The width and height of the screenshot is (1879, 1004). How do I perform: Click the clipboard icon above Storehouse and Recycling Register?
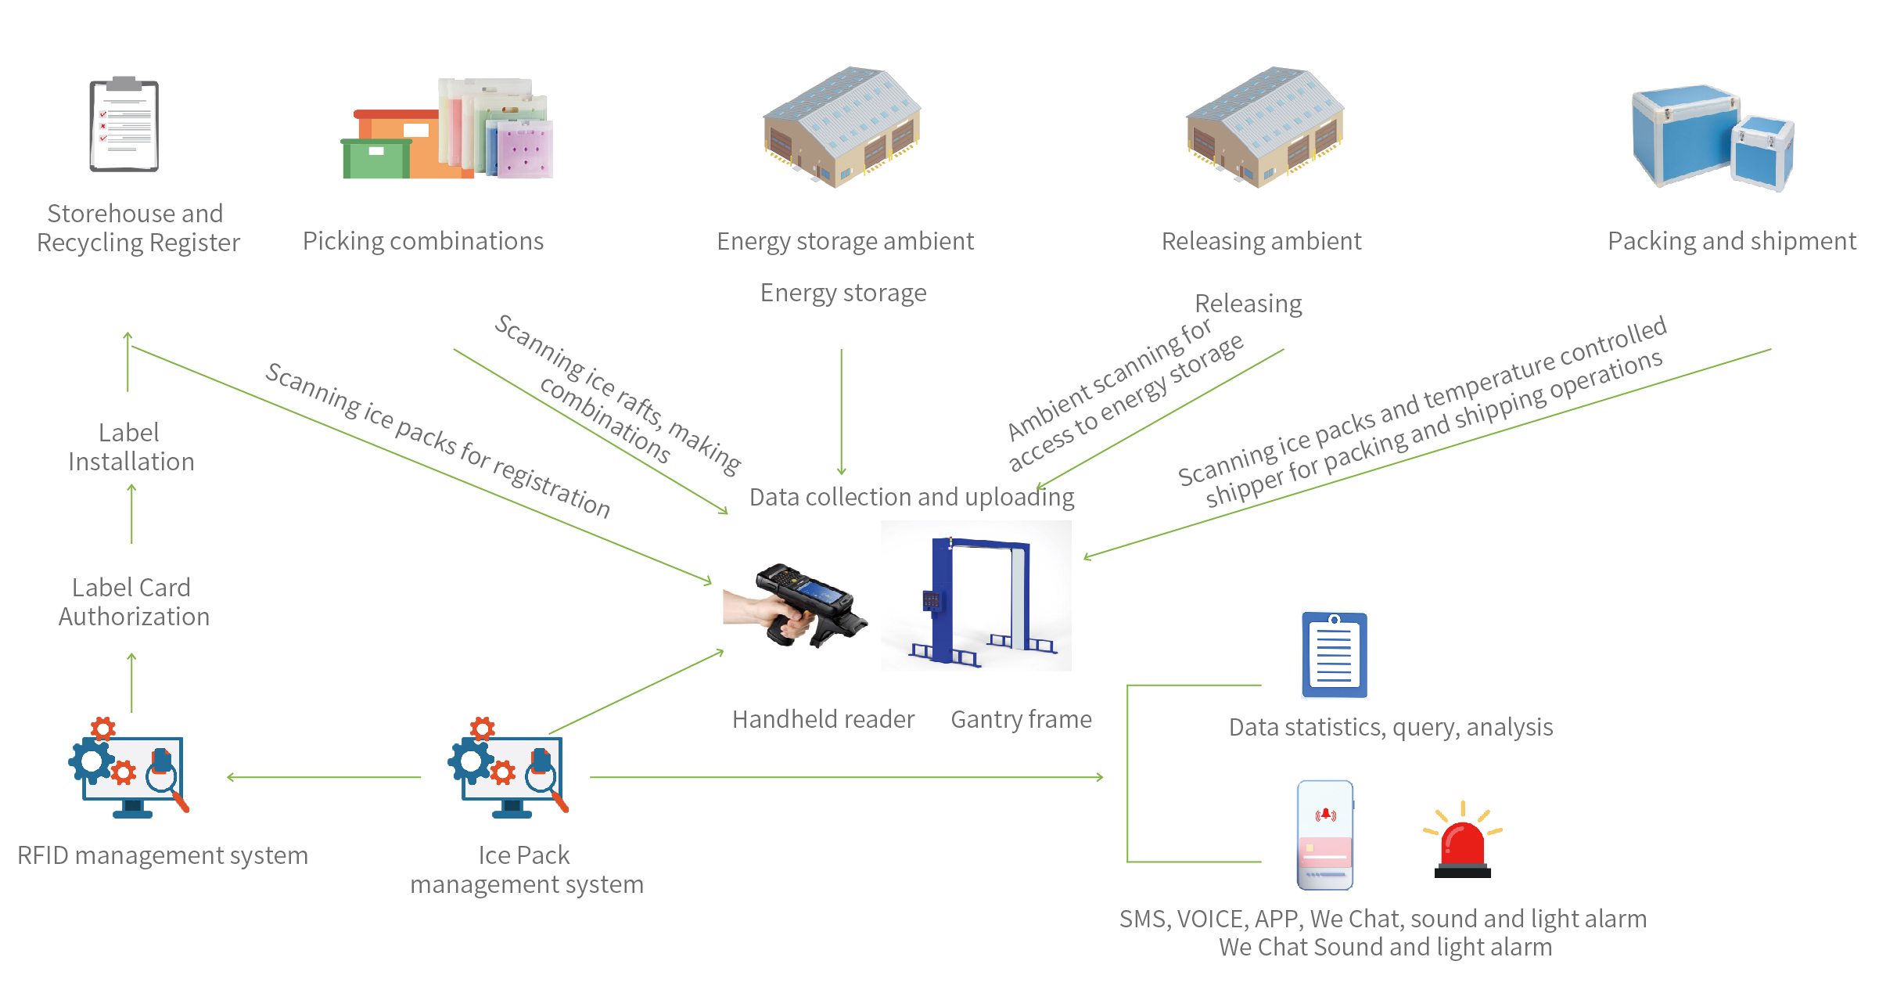point(124,125)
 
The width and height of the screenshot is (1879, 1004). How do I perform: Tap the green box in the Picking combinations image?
point(376,159)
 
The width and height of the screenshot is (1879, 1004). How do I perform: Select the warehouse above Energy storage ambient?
point(842,127)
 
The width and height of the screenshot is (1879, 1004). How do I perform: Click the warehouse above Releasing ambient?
point(1264,127)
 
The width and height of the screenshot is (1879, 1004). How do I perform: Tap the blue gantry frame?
point(978,599)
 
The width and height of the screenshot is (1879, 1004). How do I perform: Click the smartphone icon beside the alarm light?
point(1325,834)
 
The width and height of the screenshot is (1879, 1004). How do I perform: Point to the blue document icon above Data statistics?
point(1335,656)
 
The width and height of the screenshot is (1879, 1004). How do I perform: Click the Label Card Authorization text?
point(133,602)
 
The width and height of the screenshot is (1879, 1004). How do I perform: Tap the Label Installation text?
point(131,447)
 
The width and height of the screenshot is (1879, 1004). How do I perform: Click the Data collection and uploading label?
point(911,497)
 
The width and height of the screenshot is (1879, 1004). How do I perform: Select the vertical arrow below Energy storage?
point(842,411)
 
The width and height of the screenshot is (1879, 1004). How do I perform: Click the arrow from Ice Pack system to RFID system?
point(324,777)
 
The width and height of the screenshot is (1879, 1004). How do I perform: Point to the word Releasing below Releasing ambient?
point(1248,304)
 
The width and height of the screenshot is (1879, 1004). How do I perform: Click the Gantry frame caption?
point(1021,719)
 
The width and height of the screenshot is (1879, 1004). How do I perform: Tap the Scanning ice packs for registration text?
point(438,440)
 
